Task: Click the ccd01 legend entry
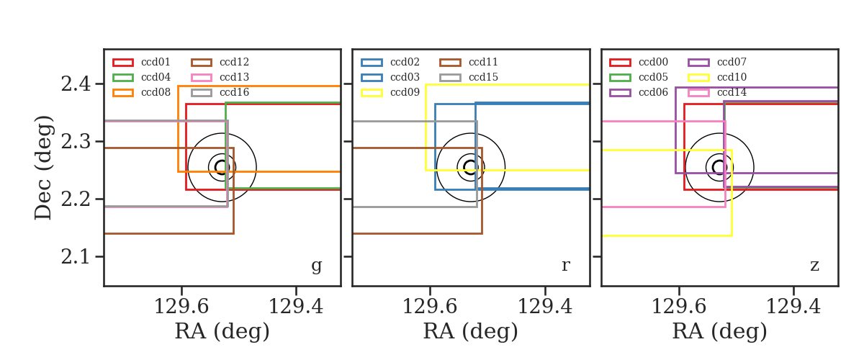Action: (142, 62)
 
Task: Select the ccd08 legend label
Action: (156, 93)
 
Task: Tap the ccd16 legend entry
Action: (220, 93)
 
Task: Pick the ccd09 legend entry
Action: (390, 93)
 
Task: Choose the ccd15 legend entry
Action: (469, 78)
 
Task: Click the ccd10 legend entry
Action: (717, 78)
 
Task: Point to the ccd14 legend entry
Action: (717, 93)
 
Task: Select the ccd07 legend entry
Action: (717, 62)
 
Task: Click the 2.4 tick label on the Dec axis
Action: (76, 84)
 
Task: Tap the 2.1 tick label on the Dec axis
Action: (76, 256)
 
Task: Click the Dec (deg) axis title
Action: (42, 168)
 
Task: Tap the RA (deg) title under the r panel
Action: (471, 331)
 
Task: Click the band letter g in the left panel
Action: (316, 266)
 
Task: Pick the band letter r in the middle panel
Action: (565, 265)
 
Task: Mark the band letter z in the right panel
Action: (814, 266)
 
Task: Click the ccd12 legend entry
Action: (220, 62)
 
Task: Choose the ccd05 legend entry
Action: (639, 78)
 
